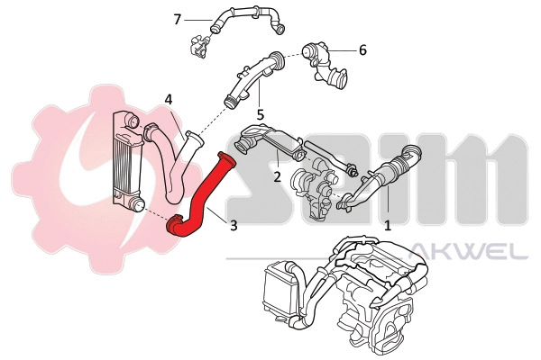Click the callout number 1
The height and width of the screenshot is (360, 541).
388,228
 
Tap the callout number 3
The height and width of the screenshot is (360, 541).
234,226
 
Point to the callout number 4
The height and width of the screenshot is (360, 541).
168,99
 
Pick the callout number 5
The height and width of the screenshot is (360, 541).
260,115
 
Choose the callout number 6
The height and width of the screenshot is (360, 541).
362,50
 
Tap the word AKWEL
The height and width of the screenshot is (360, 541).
468,249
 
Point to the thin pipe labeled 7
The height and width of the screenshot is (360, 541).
243,16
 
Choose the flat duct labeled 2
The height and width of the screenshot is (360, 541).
270,142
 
